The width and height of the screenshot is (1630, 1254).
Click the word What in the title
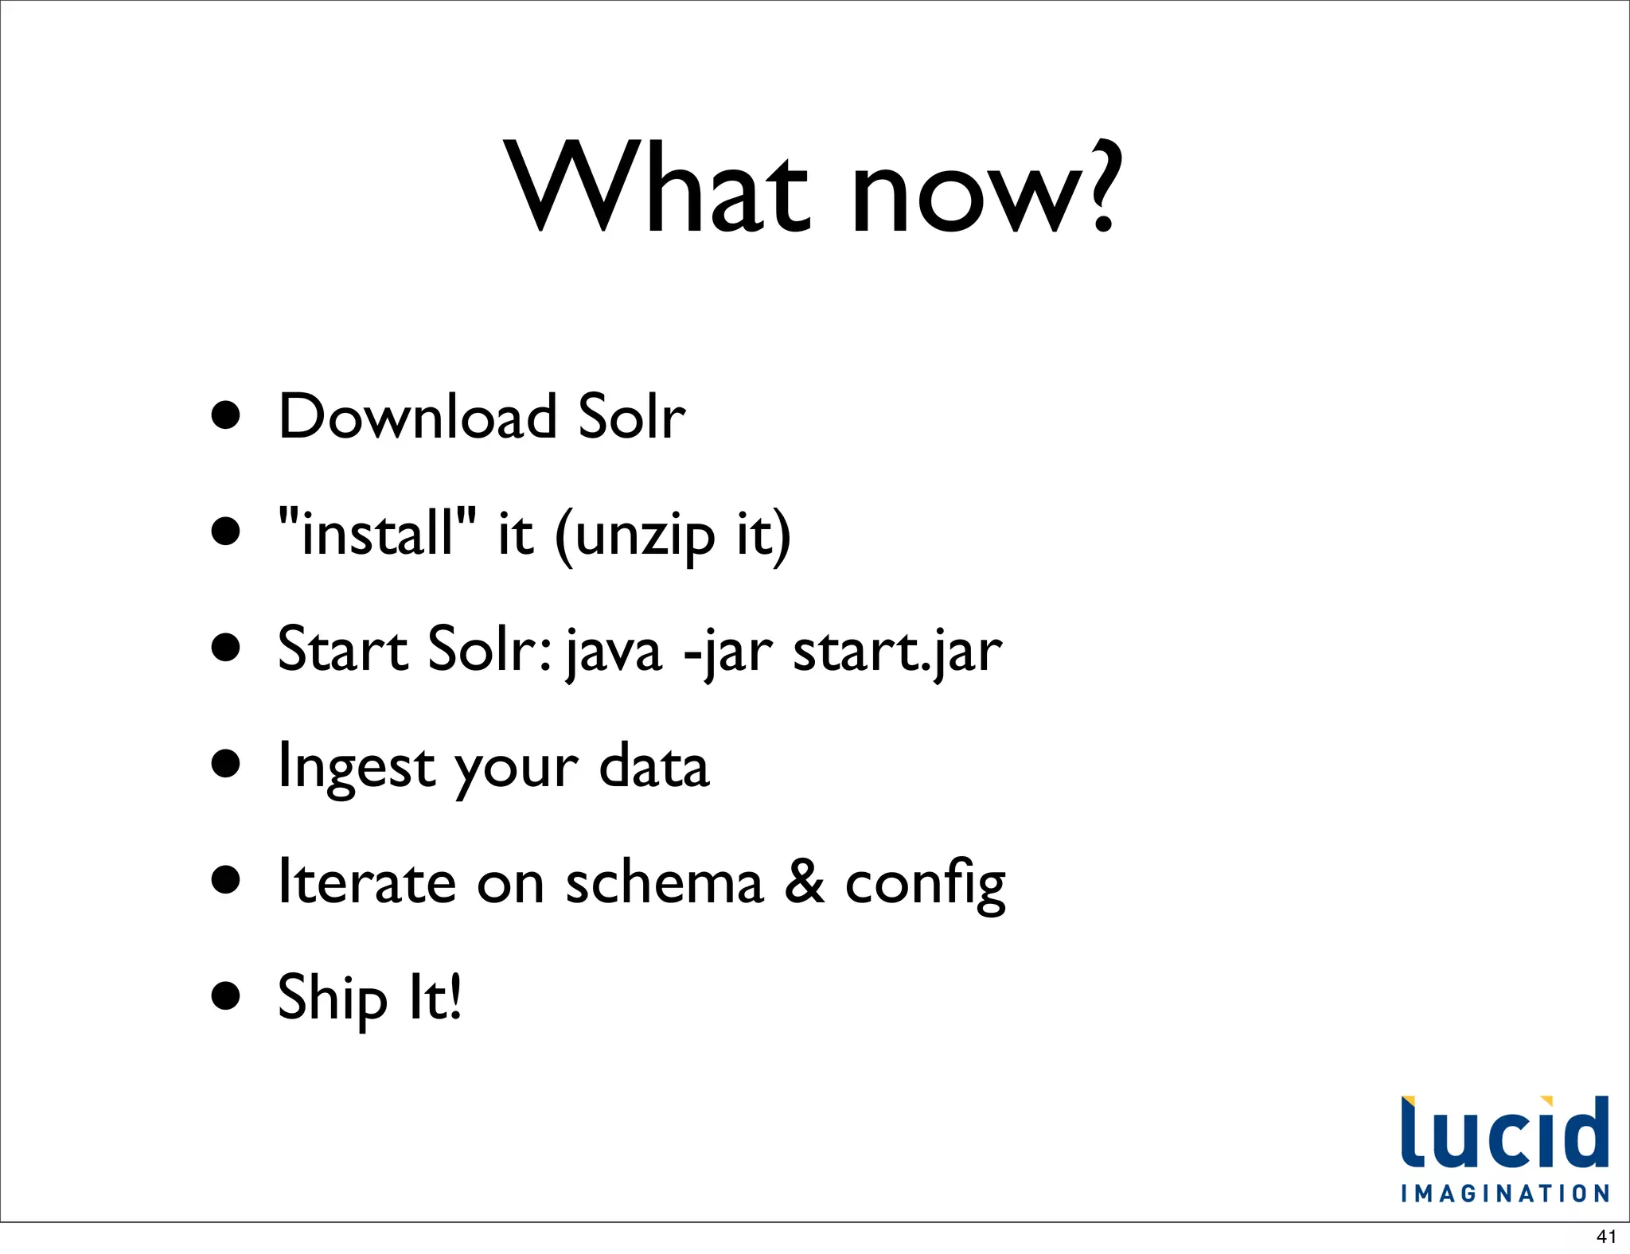coord(660,188)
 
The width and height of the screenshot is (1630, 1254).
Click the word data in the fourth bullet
coord(653,765)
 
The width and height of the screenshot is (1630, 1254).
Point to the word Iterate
coord(367,882)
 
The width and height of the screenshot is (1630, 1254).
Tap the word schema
coord(665,882)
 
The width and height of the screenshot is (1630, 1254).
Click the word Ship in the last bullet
coord(333,998)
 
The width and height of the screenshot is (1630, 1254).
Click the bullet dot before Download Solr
coord(227,415)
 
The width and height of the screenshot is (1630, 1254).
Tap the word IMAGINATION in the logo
coord(1505,1194)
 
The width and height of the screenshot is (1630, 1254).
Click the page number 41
coord(1606,1236)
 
